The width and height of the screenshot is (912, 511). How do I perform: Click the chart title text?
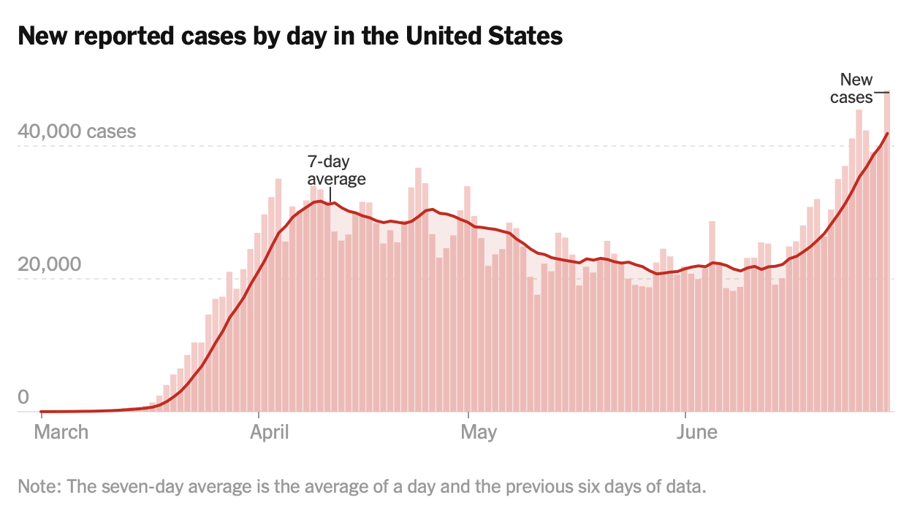click(x=290, y=36)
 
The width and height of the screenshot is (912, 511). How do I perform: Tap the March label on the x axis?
click(x=61, y=432)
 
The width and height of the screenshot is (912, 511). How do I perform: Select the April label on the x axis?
click(x=270, y=432)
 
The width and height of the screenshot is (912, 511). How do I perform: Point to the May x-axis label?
click(x=479, y=432)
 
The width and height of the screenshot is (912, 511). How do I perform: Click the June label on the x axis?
click(x=696, y=432)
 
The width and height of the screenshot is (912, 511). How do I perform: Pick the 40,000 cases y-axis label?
click(x=77, y=132)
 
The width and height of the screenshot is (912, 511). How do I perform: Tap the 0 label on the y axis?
click(x=23, y=397)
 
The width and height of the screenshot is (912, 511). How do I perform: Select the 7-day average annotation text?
click(x=336, y=170)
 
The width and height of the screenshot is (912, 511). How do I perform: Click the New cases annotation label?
click(x=854, y=88)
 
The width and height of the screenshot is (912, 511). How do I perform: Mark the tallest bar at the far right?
click(x=886, y=255)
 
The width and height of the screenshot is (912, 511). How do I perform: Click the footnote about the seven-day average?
click(x=362, y=486)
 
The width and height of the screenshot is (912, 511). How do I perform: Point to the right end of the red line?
click(x=887, y=134)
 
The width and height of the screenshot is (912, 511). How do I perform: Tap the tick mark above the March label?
click(x=41, y=416)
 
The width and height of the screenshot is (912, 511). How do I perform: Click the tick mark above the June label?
click(x=685, y=416)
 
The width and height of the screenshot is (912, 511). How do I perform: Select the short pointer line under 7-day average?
click(x=330, y=194)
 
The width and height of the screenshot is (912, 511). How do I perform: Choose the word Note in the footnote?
click(x=34, y=486)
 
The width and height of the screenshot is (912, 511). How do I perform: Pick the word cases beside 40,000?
click(x=111, y=132)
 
